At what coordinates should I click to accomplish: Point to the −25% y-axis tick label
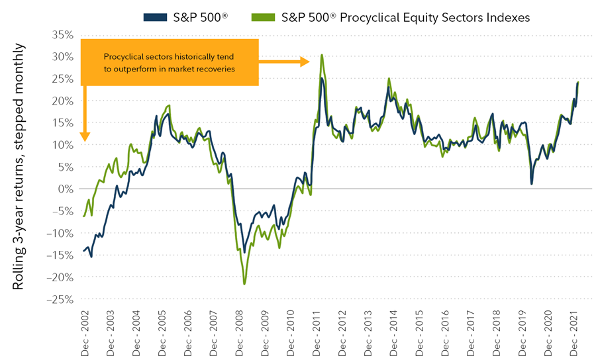tap(58, 299)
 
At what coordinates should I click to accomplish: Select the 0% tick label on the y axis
tap(64, 189)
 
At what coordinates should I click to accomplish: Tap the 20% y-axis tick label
tap(60, 101)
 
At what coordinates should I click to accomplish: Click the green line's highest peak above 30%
tap(322, 55)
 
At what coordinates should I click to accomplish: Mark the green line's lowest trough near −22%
tap(244, 284)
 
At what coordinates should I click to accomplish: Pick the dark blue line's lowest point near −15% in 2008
tap(244, 252)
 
